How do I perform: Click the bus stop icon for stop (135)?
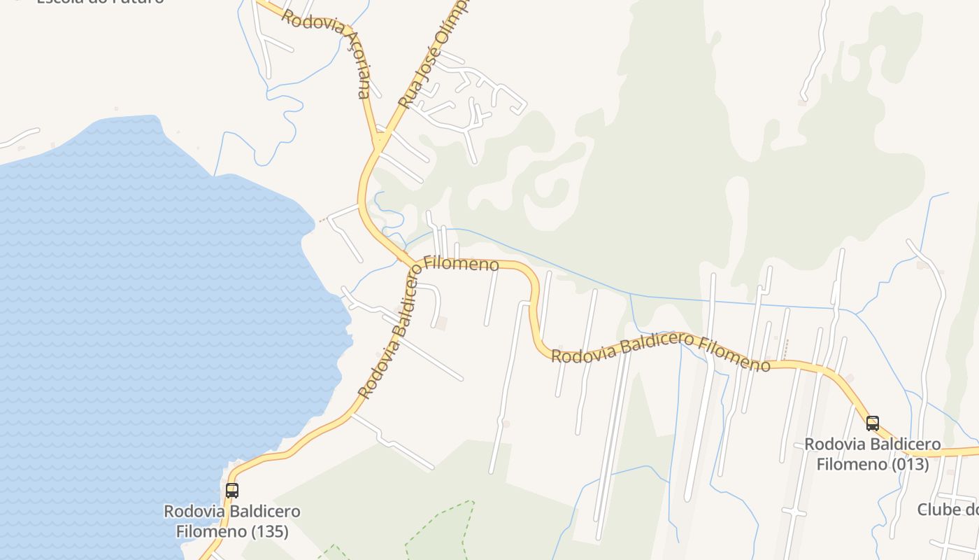(x=231, y=491)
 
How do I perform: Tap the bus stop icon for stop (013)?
(x=873, y=423)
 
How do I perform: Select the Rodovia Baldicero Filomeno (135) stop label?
(x=232, y=521)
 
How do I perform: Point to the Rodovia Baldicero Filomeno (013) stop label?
(x=873, y=454)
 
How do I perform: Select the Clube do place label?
(x=948, y=510)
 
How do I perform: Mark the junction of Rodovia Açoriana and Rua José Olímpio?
(x=379, y=142)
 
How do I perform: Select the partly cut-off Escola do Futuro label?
(x=98, y=2)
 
